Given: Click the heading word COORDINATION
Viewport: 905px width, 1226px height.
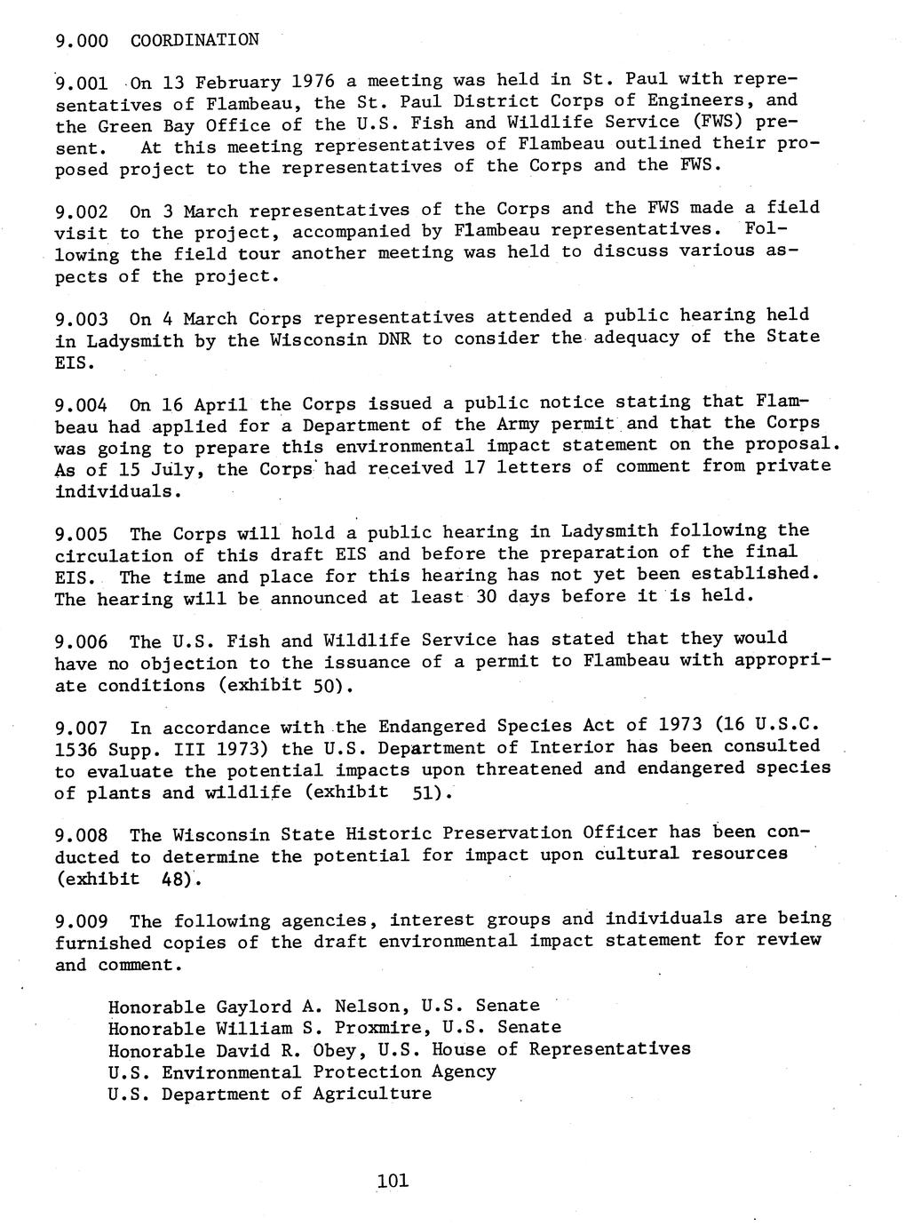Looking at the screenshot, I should coord(194,40).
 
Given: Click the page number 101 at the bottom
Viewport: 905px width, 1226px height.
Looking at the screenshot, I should coord(392,1180).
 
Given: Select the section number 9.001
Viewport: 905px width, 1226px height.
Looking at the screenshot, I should coord(82,84).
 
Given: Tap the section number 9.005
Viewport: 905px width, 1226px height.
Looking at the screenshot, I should coord(82,535).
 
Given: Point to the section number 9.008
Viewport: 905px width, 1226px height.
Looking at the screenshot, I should coord(82,836).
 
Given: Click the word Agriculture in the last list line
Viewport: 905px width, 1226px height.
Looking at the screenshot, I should coord(372,1093).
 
